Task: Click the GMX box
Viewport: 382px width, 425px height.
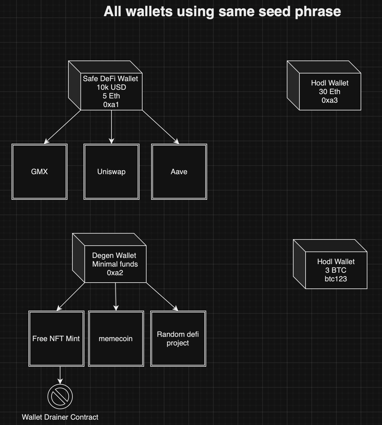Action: [39, 171]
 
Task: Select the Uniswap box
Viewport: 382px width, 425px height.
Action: [111, 171]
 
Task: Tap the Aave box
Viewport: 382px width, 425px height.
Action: [179, 171]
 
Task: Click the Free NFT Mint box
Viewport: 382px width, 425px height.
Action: [56, 338]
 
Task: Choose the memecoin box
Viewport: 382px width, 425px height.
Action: [116, 338]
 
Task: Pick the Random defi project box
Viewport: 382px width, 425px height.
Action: [178, 338]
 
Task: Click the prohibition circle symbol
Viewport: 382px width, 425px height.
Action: [60, 397]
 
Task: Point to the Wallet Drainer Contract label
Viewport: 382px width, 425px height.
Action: [60, 417]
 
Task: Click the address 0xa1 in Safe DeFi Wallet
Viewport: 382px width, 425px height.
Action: [111, 105]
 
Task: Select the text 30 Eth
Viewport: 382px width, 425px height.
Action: [330, 92]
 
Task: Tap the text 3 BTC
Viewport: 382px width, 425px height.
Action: [336, 270]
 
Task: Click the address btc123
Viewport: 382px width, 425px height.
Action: [336, 279]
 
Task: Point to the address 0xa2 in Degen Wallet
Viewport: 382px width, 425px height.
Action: [115, 273]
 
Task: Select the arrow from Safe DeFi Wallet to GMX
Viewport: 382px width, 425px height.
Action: [62, 127]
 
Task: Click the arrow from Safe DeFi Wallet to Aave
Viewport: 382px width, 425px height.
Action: [160, 127]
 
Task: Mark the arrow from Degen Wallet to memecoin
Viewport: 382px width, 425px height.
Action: [116, 296]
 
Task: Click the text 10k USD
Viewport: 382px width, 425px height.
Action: [111, 87]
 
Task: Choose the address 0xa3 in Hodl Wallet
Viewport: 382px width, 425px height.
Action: [330, 100]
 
